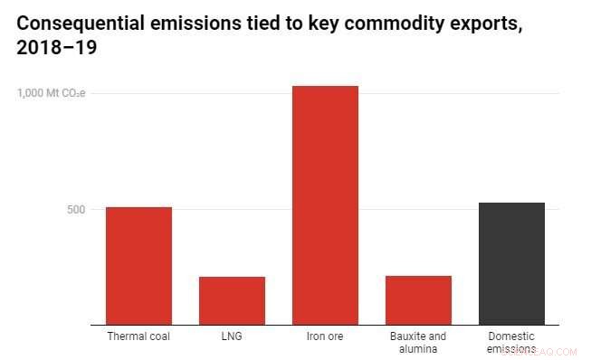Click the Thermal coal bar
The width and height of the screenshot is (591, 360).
(x=138, y=265)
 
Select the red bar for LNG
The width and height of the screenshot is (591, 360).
(x=232, y=300)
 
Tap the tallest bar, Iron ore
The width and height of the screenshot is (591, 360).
(x=325, y=204)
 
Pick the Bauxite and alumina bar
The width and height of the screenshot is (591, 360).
(x=418, y=299)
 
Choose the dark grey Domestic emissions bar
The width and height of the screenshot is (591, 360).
(x=511, y=263)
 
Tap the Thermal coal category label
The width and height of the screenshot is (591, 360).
(x=138, y=336)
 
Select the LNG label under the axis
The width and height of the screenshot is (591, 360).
(x=232, y=336)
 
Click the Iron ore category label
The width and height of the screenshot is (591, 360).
(x=325, y=336)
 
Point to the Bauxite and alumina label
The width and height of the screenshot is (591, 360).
(x=418, y=342)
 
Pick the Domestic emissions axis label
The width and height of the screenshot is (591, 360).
(x=511, y=342)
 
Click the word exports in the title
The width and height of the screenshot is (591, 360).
(x=479, y=24)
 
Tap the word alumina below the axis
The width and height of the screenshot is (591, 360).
(x=418, y=348)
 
